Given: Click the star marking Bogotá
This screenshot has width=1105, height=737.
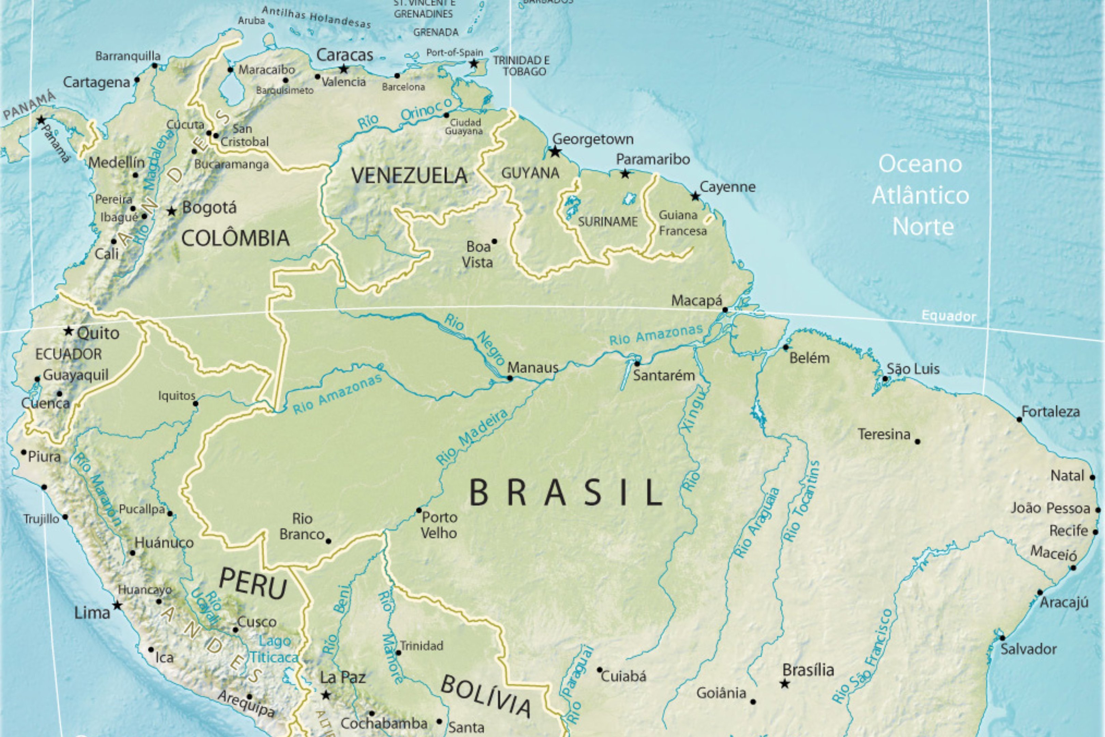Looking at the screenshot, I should coord(172,212).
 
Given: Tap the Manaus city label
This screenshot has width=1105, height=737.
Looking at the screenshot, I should coord(533,367).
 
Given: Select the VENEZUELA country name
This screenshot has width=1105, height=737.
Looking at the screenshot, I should coord(409,176).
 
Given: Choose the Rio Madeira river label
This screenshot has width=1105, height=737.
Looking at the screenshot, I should coord(472,437).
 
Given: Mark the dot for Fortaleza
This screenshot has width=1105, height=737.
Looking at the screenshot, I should coord(1019,419).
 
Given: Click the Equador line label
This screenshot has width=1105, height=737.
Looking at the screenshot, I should coord(948,316).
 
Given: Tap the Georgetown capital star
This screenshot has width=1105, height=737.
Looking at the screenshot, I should coord(555,151).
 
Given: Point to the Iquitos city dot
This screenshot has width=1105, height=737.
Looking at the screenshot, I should coord(195,404).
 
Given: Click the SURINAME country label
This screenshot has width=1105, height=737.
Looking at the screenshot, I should coord(607,222).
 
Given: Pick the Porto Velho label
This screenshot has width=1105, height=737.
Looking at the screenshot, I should coord(439,525).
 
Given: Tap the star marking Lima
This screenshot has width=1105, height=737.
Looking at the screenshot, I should coord(117,605).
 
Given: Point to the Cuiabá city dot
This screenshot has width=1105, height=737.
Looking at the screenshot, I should coord(600,670).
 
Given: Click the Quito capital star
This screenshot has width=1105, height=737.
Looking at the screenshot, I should coord(69,331).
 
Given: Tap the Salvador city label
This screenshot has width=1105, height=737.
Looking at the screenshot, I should coord(1028,649).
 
